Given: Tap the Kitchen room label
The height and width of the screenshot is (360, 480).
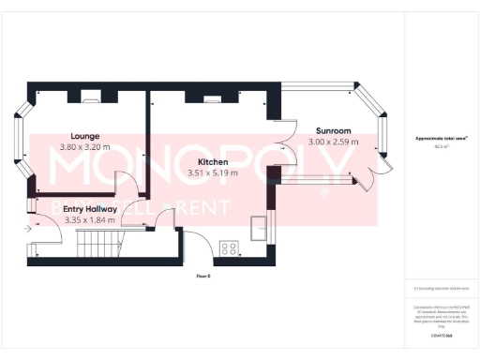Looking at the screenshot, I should [x=214, y=161].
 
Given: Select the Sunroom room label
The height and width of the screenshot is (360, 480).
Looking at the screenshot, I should [x=333, y=131].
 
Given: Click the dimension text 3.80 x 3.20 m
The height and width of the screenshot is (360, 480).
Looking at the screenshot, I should [x=84, y=147].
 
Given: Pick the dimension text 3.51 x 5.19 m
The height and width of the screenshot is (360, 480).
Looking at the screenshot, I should [x=214, y=172].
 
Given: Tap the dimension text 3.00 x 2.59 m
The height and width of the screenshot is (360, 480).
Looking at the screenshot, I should [x=333, y=142].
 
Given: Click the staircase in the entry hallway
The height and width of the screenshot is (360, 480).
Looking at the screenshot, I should [x=96, y=246].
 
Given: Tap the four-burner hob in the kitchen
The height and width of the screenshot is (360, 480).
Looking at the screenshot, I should [x=228, y=247].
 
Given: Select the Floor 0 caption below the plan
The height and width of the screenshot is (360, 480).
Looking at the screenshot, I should [x=202, y=277].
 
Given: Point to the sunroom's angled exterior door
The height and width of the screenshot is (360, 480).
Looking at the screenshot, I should [x=376, y=175].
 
